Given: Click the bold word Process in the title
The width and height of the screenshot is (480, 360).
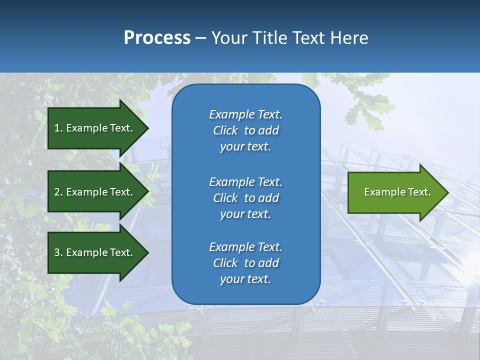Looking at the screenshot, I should point(157,38).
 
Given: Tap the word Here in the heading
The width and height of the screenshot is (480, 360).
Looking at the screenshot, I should point(349,38).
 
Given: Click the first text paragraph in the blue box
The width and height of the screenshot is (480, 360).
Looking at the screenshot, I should point(245,130).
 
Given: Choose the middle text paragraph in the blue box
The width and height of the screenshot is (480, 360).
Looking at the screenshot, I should point(245,198).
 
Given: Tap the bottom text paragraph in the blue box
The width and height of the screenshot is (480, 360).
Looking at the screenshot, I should point(245,263).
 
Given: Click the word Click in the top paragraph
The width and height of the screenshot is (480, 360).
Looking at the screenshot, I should point(225,130).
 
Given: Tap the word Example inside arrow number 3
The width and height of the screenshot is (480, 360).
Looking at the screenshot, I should point(87,252).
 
